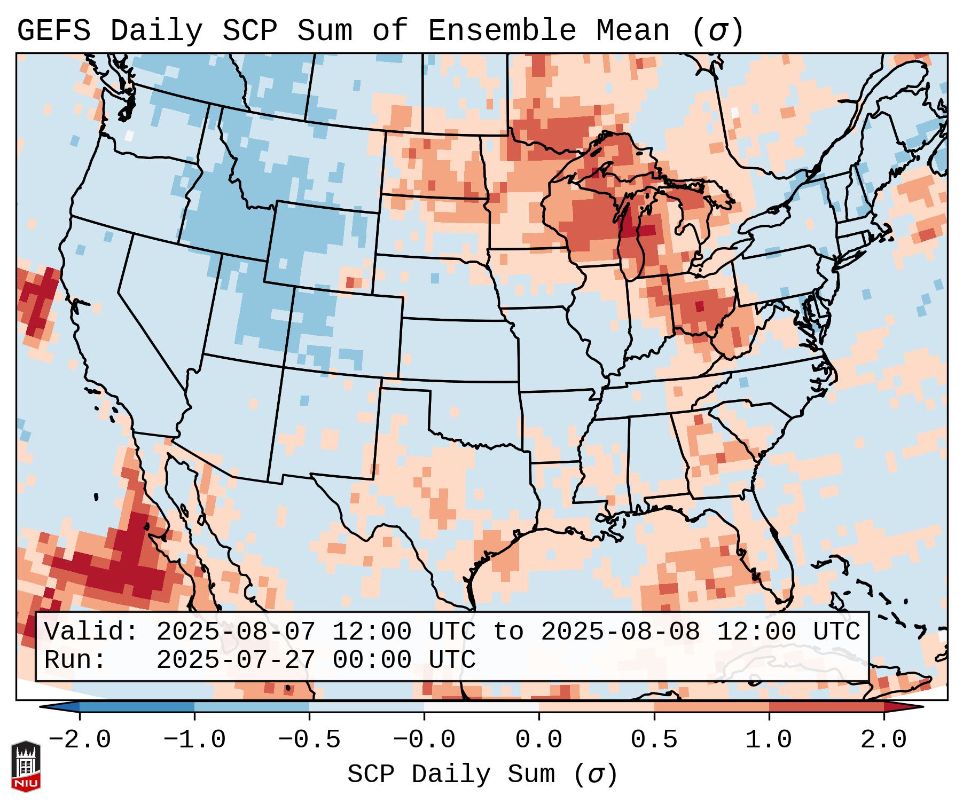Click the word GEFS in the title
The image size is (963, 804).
pyautogui.click(x=53, y=31)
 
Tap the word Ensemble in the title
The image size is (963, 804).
pyautogui.click(x=502, y=31)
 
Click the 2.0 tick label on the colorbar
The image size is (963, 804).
pyautogui.click(x=884, y=740)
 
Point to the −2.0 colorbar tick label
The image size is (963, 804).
pyautogui.click(x=80, y=740)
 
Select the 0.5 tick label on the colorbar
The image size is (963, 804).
pyautogui.click(x=654, y=740)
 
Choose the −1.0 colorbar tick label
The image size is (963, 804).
pyautogui.click(x=194, y=740)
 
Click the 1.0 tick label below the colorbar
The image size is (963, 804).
pyautogui.click(x=769, y=740)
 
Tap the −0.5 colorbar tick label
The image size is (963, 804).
pyautogui.click(x=309, y=740)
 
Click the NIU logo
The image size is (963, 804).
pyautogui.click(x=26, y=766)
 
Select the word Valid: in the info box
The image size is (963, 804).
pyautogui.click(x=91, y=632)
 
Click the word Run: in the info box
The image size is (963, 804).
pyautogui.click(x=75, y=660)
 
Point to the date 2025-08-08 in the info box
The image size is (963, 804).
pyautogui.click(x=620, y=632)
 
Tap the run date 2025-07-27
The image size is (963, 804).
pyautogui.click(x=236, y=660)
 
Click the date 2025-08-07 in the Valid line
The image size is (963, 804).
pyautogui.click(x=236, y=632)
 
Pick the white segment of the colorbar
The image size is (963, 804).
pyautogui.click(x=481, y=707)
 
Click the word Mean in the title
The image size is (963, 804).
pyautogui.click(x=633, y=31)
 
